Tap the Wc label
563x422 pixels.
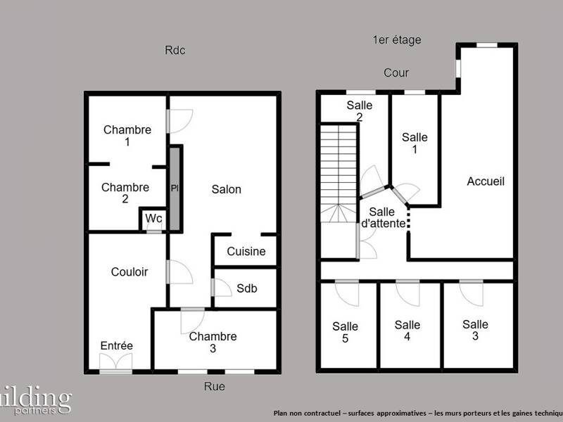tap(153, 219)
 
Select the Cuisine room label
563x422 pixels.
tap(246, 252)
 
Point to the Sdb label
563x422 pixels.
tap(246, 288)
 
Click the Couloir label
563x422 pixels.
tap(129, 271)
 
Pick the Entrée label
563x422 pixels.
tap(117, 345)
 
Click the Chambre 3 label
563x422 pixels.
tap(213, 342)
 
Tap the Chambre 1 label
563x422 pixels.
tap(127, 135)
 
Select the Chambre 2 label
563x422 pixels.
tap(125, 193)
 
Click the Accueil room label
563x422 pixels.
tap(486, 181)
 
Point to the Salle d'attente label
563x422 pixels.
tap(382, 217)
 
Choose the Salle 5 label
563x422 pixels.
tap(345, 332)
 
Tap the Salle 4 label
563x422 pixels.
tap(407, 331)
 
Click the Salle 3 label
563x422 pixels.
tap(475, 330)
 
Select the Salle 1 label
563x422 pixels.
tap(415, 143)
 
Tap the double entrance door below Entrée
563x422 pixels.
tap(115, 363)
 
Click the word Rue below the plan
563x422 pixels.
tap(214, 386)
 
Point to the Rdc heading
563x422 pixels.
tap(175, 51)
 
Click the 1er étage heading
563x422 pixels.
tap(397, 40)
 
